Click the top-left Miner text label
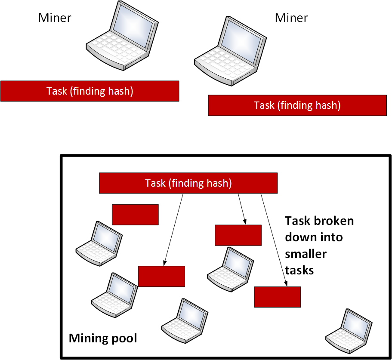point(55,18)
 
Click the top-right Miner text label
point(291,18)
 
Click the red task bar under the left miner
point(90,91)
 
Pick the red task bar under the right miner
point(297,105)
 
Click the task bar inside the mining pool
point(188,183)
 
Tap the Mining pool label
point(103,338)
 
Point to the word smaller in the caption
point(306,254)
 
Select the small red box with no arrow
point(135,214)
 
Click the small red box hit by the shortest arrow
point(238,235)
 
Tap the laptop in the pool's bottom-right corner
point(349,329)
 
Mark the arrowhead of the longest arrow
point(286,284)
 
